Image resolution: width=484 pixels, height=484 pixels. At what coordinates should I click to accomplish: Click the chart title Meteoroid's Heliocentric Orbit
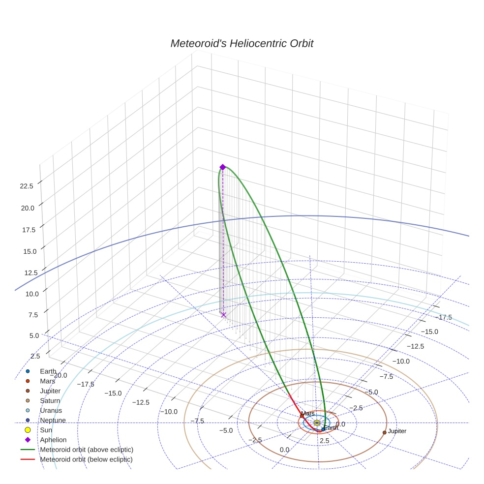point(242,44)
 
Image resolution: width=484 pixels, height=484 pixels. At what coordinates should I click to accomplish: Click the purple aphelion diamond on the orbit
point(222,167)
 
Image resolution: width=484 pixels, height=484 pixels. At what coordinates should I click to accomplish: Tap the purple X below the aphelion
point(223,315)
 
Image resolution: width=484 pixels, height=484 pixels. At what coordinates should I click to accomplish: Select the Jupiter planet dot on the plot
point(384,432)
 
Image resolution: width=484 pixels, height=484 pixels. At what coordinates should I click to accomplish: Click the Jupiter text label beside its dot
point(397,431)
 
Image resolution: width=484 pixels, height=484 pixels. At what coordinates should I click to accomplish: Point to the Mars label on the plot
point(308,414)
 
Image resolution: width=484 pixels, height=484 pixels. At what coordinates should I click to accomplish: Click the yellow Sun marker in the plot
point(317,423)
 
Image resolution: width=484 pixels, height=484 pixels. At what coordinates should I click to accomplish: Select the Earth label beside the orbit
point(331,428)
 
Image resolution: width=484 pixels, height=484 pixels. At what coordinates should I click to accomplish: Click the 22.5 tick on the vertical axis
point(27,186)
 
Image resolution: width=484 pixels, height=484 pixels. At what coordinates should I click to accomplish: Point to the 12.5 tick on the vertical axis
point(27,272)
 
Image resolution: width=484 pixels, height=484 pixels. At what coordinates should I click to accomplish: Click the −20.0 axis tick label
point(59,375)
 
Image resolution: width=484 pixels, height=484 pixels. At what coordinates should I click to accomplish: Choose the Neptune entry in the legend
point(53,420)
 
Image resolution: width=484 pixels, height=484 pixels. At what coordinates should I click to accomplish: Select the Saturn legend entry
point(50,400)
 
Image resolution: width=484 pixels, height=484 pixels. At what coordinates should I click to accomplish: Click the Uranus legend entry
point(51,410)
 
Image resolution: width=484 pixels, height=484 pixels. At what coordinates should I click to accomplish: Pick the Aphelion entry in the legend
point(53,440)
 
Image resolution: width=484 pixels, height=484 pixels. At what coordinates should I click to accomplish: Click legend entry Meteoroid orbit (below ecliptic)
point(87,459)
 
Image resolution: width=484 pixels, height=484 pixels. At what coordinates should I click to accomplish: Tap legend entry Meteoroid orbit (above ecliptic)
point(87,450)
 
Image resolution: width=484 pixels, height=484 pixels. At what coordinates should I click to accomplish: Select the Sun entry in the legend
point(46,430)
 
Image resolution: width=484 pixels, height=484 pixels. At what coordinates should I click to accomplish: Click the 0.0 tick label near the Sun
point(340,424)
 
